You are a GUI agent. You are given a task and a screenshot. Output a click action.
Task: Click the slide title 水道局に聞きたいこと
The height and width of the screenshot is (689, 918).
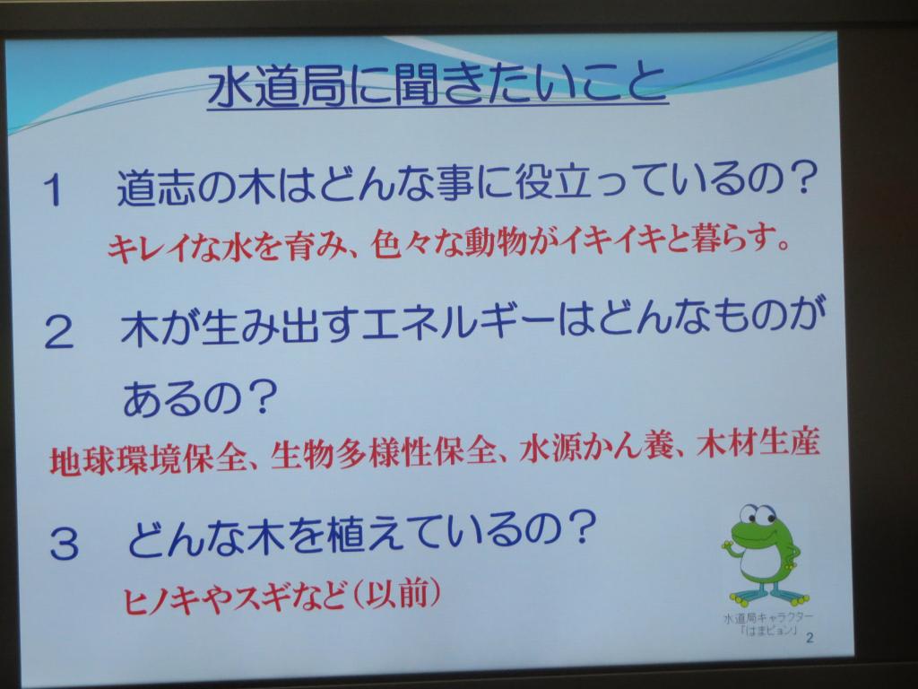[x=437, y=86]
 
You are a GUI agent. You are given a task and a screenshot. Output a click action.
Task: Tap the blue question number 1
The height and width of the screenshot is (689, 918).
[x=54, y=189]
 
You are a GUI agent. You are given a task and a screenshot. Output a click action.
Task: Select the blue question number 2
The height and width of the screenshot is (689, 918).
[x=59, y=332]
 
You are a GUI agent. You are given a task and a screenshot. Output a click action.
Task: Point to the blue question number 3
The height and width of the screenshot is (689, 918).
[x=64, y=543]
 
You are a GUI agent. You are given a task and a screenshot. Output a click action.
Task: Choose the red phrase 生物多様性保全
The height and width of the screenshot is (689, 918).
[x=384, y=452]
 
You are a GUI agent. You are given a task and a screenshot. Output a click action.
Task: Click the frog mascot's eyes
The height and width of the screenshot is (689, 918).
[x=758, y=516]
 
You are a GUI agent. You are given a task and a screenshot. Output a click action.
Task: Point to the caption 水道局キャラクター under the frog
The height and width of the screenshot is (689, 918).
[x=767, y=617]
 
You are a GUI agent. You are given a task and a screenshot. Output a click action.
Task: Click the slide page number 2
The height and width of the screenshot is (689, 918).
[x=810, y=638]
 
